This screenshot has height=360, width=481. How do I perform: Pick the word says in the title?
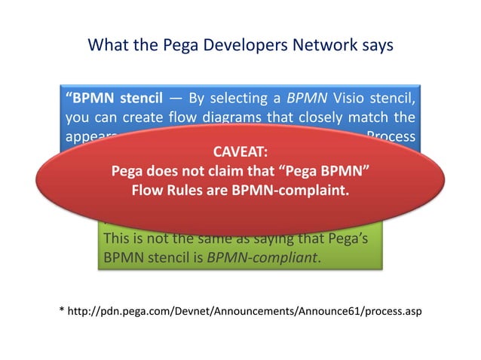coord(378,45)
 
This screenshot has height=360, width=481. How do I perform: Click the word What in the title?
coord(106,45)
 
